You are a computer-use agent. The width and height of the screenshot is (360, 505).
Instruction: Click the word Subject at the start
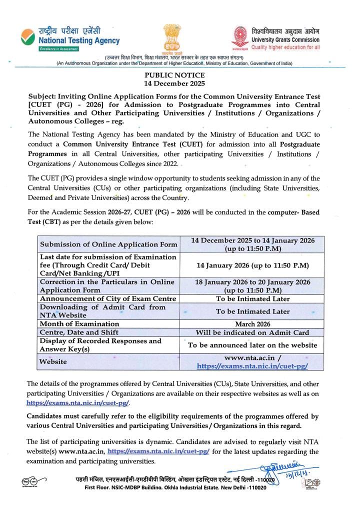coord(42,96)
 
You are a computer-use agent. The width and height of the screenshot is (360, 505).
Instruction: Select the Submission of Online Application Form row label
coord(108,244)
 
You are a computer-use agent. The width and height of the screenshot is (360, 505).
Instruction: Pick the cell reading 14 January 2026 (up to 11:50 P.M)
coord(252,265)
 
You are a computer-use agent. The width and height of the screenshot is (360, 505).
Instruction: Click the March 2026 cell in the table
coord(252,323)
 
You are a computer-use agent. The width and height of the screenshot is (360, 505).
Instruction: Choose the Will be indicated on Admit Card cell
coord(252,332)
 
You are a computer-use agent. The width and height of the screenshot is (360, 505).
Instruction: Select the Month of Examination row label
coord(79,323)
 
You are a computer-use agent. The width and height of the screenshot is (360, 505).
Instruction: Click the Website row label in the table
coord(53,361)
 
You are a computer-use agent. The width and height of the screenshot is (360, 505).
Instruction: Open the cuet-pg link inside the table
coord(252,366)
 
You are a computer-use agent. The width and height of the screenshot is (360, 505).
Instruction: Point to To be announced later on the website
coord(252,344)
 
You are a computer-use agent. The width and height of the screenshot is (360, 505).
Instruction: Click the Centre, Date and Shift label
coord(79,332)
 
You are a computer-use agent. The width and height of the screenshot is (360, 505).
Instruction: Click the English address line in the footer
coord(175,487)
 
